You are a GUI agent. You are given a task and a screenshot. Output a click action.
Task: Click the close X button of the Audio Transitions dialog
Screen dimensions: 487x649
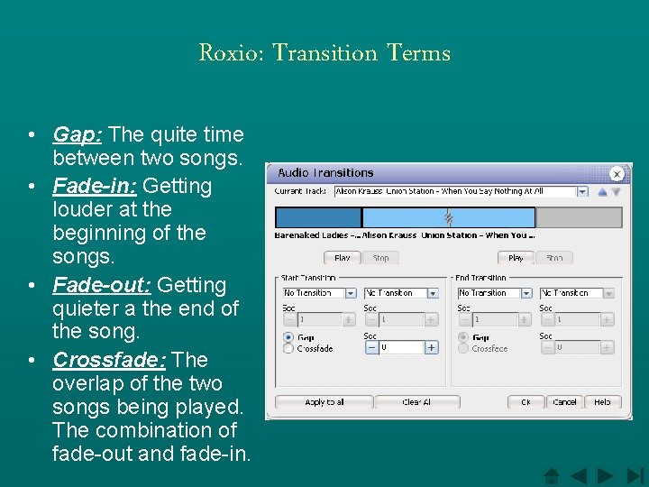tap(617, 174)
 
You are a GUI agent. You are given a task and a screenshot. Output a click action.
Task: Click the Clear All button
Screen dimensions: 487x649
tap(416, 402)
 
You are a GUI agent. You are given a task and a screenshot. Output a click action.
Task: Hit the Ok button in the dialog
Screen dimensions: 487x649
tap(526, 402)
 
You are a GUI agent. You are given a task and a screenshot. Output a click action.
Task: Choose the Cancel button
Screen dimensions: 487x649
tap(564, 402)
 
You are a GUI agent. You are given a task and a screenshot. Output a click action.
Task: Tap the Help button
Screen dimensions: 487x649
tap(602, 402)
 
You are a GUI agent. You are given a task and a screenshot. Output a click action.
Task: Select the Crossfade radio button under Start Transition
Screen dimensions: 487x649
tap(288, 348)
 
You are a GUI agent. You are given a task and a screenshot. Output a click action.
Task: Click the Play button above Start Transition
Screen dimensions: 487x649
tap(343, 258)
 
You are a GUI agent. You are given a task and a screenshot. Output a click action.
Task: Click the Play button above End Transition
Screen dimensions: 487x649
tap(516, 258)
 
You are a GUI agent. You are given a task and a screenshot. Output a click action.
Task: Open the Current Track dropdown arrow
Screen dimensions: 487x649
tap(581, 191)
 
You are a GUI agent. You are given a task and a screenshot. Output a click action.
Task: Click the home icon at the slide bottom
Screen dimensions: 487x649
tap(553, 475)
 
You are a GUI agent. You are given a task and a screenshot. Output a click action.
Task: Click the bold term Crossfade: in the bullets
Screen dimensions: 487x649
tap(109, 360)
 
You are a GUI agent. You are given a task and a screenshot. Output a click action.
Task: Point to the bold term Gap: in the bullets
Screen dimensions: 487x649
tap(78, 135)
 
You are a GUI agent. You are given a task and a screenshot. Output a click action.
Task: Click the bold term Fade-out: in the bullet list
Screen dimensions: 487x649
tap(102, 285)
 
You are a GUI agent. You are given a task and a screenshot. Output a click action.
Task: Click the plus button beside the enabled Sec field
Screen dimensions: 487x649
tap(432, 347)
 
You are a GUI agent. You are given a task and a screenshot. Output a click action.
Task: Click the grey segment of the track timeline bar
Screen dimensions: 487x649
tap(579, 217)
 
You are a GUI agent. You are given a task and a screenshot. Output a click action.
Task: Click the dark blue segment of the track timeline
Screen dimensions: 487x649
tap(317, 217)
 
